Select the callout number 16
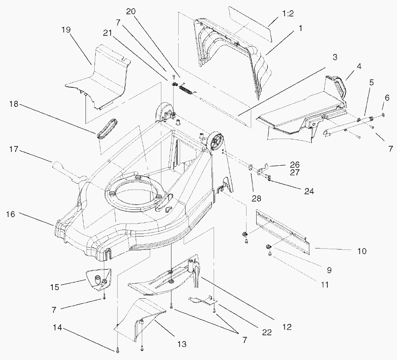click(x=11, y=214)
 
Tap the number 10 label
click(x=362, y=251)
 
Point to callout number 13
click(x=182, y=344)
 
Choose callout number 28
click(x=257, y=198)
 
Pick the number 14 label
click(x=57, y=328)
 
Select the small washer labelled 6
click(x=383, y=114)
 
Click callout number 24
click(x=309, y=191)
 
